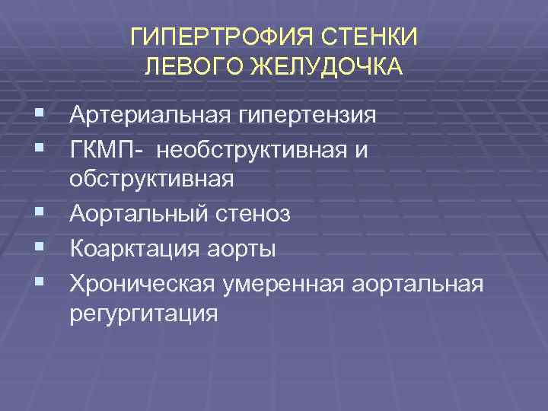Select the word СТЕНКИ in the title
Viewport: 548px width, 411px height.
pyautogui.click(x=378, y=37)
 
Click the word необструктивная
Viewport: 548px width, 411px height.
pyautogui.click(x=253, y=150)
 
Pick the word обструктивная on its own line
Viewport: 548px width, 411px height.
pyautogui.click(x=151, y=181)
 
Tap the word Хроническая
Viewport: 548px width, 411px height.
pyautogui.click(x=142, y=282)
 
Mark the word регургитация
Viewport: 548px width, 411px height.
pyautogui.click(x=143, y=314)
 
